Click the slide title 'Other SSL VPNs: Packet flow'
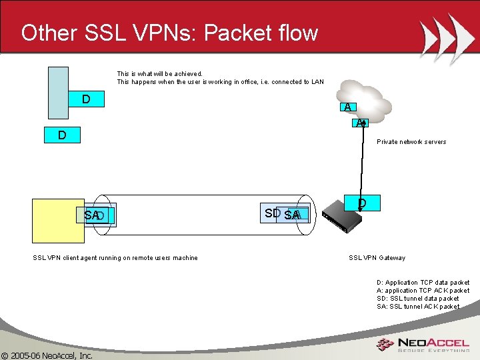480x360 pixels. point(169,33)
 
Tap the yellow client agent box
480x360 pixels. point(51,220)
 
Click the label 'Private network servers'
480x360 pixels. point(411,142)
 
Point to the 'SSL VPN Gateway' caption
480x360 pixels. point(377,258)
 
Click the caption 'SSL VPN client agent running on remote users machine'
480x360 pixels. point(115,258)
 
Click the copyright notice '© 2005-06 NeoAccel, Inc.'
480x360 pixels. point(47,355)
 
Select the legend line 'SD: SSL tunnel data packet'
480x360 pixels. point(417,299)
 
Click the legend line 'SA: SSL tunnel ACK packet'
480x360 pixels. point(417,307)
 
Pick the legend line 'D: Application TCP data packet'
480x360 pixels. point(423,283)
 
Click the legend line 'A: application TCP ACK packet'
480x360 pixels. point(423,291)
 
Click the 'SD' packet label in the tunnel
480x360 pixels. point(271,213)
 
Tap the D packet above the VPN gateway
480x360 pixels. point(361,203)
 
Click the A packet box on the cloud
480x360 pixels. point(347,107)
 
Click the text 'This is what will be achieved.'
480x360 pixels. point(159,74)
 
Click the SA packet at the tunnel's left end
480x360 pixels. point(92,215)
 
